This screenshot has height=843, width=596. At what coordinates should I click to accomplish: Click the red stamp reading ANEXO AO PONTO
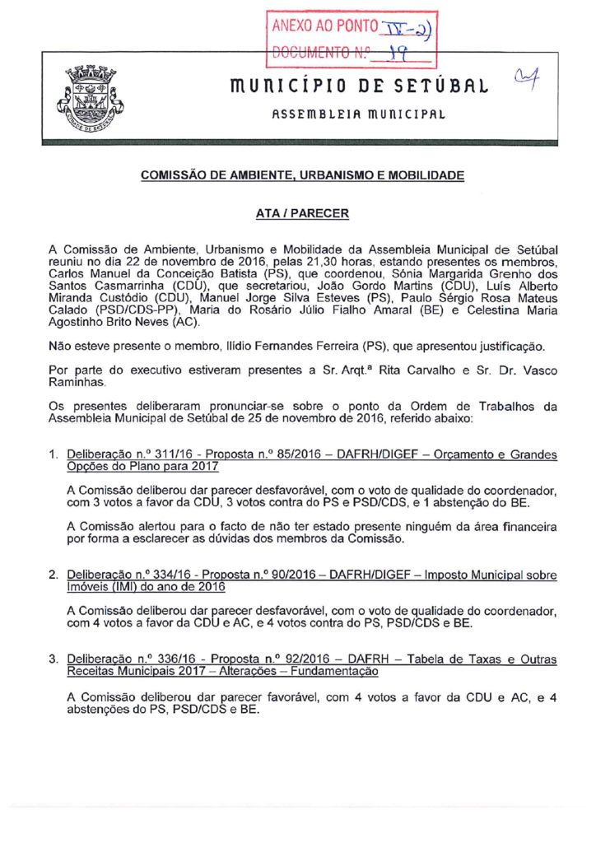(353, 38)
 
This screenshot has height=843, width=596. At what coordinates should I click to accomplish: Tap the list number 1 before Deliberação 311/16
(52, 454)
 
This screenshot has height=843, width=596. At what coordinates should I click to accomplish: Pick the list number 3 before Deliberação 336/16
(52, 659)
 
